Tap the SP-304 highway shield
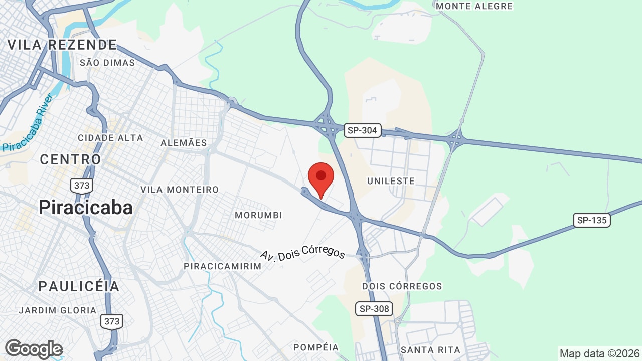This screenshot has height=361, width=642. click(363, 131)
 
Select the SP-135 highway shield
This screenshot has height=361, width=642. click(592, 220)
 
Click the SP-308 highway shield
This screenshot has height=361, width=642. click(374, 308)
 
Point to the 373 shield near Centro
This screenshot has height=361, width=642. click(81, 186)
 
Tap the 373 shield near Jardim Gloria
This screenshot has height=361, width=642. click(111, 321)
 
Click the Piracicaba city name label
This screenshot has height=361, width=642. click(86, 208)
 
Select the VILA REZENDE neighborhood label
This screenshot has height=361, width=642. click(62, 45)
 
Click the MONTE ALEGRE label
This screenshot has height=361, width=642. click(474, 6)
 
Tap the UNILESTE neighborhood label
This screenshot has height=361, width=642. click(391, 181)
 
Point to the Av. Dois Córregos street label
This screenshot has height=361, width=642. click(303, 248)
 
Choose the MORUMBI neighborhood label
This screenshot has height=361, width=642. click(258, 215)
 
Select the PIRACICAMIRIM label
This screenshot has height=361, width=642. click(223, 266)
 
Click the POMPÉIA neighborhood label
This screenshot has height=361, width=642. click(316, 347)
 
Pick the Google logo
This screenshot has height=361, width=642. click(34, 349)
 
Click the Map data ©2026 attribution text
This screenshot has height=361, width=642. click(599, 353)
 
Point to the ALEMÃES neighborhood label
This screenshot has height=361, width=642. click(184, 143)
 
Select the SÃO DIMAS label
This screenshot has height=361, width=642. click(107, 63)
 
